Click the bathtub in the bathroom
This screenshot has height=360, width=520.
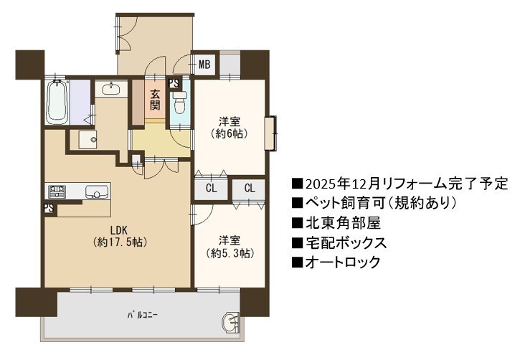(x=57, y=102)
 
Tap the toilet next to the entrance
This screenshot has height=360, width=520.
(x=181, y=102)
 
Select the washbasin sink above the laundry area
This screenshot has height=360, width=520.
(x=111, y=90)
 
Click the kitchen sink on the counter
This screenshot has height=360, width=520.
(x=97, y=192)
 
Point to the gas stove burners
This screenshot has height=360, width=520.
(x=57, y=191)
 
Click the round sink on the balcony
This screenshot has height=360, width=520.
(x=230, y=322)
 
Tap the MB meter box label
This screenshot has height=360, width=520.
(x=204, y=65)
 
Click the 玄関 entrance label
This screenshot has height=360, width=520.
(x=154, y=100)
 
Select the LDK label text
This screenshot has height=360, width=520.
(x=119, y=229)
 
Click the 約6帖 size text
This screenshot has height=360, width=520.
(x=230, y=134)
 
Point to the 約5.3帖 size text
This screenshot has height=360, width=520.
(x=230, y=253)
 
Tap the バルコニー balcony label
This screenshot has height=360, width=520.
(x=143, y=315)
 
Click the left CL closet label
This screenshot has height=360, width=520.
(x=212, y=189)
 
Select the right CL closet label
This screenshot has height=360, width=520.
(x=250, y=189)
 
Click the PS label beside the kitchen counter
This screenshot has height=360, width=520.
(x=49, y=208)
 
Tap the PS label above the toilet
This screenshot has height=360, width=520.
(x=174, y=83)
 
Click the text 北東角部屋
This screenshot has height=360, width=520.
(x=343, y=223)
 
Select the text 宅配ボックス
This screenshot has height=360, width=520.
(x=346, y=242)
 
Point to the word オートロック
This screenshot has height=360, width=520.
(x=343, y=262)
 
